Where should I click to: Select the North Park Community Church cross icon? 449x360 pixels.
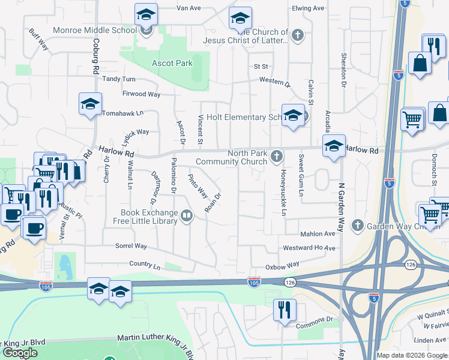[x=277, y=157]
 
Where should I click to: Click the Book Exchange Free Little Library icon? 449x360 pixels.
[x=187, y=216]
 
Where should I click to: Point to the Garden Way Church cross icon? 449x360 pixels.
[x=358, y=226]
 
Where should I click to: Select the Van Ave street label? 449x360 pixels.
[x=188, y=8]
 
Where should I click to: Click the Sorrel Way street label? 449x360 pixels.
[x=132, y=246]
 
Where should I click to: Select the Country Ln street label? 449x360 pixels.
[x=145, y=264]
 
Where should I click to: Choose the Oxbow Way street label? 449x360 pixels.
[x=282, y=265]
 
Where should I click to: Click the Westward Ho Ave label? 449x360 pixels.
[x=309, y=248]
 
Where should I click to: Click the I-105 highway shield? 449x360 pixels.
[x=254, y=281]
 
